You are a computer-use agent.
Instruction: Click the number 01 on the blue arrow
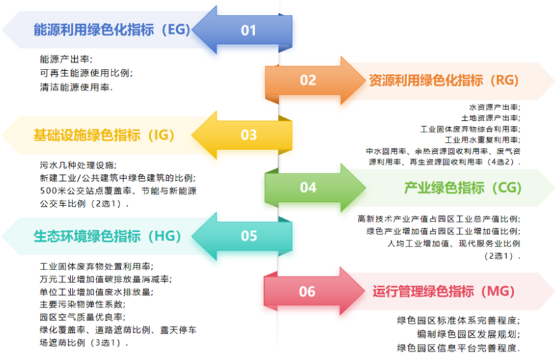(248, 30)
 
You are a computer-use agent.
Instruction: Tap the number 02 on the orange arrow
(308, 80)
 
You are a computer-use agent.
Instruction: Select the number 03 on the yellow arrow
(249, 134)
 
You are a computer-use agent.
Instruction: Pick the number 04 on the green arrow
(308, 187)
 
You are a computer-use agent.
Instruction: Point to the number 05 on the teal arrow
(249, 236)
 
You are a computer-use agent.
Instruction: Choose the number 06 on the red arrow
(307, 291)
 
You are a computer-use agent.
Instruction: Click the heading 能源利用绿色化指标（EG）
(111, 30)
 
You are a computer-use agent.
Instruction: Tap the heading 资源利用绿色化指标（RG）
(444, 80)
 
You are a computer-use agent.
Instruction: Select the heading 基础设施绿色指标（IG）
(104, 135)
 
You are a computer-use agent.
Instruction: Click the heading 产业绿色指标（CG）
(463, 188)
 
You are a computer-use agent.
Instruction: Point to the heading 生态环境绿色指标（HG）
(107, 236)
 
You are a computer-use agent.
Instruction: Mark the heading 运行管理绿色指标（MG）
(444, 291)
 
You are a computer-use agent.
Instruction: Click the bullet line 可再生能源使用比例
(86, 73)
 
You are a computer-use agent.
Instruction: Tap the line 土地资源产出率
(490, 118)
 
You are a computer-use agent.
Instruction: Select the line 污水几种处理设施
(78, 165)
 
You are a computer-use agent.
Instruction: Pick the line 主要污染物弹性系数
(82, 305)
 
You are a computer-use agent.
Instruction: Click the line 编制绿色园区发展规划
(469, 334)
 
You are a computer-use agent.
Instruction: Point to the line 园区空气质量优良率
(82, 317)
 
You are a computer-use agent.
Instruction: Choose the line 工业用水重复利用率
(482, 140)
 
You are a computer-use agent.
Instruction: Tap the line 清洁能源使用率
(76, 87)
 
